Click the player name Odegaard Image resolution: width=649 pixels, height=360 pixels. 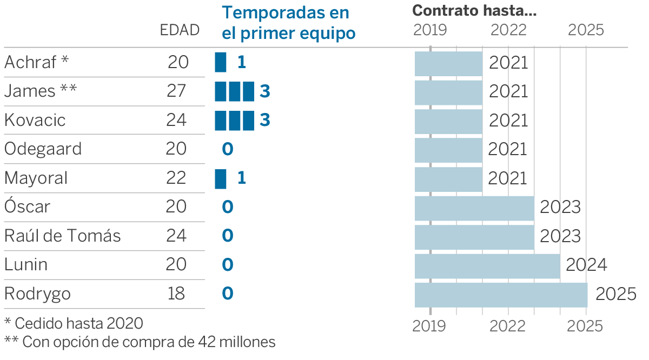click(x=43, y=149)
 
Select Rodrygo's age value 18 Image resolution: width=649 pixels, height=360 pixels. click(x=176, y=294)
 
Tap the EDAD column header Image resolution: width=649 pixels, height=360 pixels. click(x=180, y=30)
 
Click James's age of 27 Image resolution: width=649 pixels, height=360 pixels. click(x=177, y=91)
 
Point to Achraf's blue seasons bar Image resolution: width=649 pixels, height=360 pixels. click(x=221, y=62)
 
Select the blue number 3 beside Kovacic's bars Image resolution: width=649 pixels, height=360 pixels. click(x=264, y=120)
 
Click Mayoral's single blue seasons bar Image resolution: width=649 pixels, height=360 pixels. click(x=221, y=178)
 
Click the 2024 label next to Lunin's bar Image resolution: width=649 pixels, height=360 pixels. click(x=586, y=265)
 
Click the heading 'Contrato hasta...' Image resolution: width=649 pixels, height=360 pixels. click(x=474, y=11)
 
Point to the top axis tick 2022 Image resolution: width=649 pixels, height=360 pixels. click(x=508, y=30)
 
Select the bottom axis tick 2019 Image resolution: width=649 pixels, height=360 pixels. click(x=429, y=326)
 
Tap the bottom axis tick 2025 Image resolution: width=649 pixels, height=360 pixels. click(x=585, y=326)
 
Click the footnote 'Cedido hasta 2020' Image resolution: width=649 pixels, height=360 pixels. click(x=78, y=324)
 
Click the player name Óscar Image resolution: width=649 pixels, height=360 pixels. click(x=27, y=206)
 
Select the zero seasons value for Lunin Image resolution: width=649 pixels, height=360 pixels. click(x=228, y=265)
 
